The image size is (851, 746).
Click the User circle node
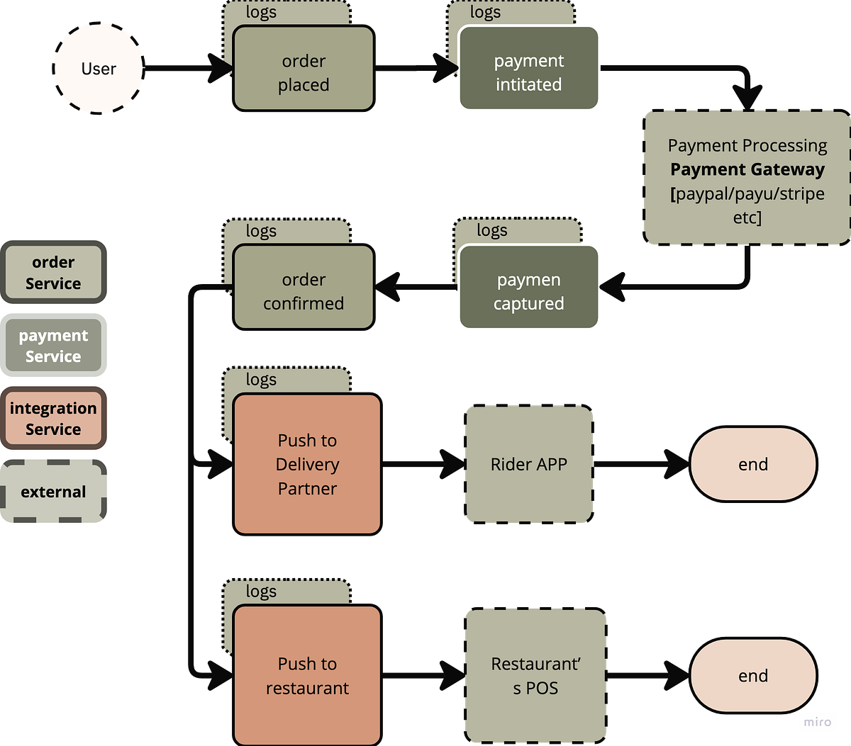click(x=99, y=69)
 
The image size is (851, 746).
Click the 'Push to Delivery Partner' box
click(x=307, y=464)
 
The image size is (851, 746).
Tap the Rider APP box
click(x=529, y=464)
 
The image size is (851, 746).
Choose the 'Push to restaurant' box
click(x=307, y=675)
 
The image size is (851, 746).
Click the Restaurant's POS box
click(x=536, y=675)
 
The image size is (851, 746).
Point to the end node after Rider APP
click(x=752, y=464)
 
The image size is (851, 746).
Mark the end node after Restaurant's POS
click(x=752, y=675)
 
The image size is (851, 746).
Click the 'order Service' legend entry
click(x=53, y=273)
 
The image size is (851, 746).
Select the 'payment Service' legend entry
click(x=53, y=346)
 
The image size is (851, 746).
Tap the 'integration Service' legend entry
click(x=53, y=419)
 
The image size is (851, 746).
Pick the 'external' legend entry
click(x=53, y=492)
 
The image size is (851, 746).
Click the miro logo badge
click(x=818, y=722)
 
